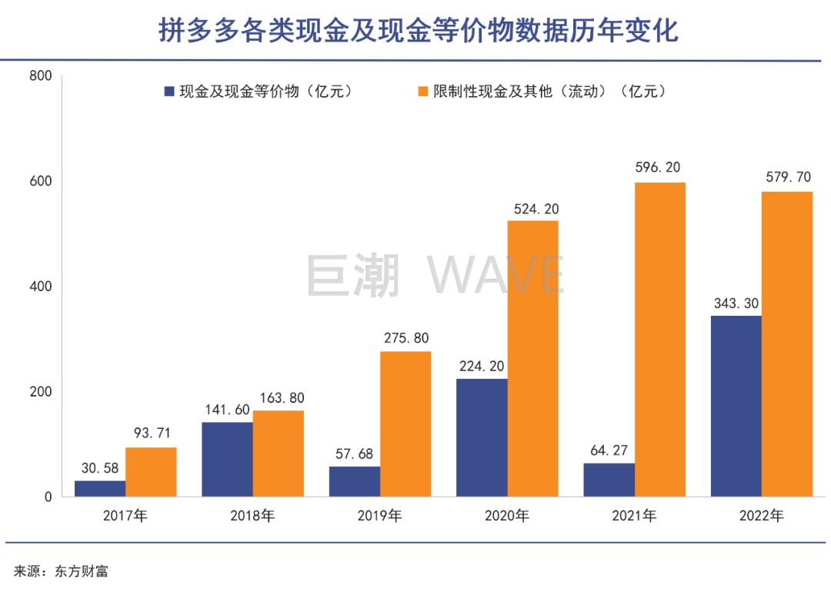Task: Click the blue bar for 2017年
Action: coord(100,488)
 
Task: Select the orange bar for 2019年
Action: coord(405,424)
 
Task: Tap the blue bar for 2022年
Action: coord(736,406)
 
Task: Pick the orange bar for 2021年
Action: coord(660,339)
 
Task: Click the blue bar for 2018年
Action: coord(227,459)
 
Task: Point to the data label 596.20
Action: coord(659,167)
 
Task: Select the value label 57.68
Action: coord(355,454)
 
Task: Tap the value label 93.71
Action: coord(152,432)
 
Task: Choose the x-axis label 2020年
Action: coord(507,515)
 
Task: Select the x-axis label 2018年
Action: coord(252,515)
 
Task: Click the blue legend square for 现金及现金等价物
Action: coord(169,92)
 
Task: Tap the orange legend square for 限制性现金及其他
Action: coord(422,92)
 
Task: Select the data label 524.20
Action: coord(532,209)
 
